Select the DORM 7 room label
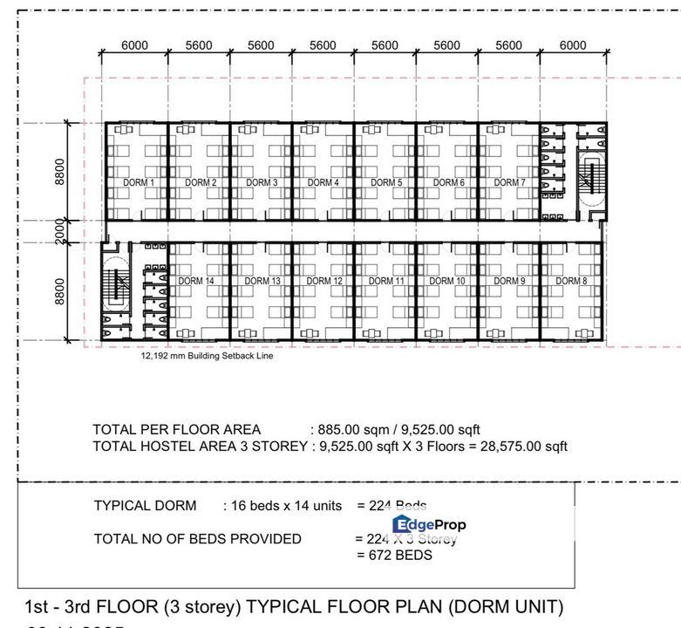pos(508,183)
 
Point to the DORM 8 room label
pos(572,281)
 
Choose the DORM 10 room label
pos(447,281)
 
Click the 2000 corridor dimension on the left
pos(59,230)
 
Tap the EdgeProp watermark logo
pos(429,524)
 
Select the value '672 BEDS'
pos(394,555)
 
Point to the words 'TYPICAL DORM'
pos(145,506)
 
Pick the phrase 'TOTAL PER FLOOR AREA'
pos(177,430)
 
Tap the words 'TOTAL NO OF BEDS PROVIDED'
pos(197,539)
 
